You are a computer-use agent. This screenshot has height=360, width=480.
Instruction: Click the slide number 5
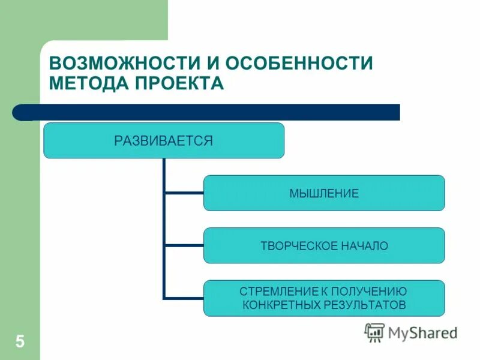click(x=20, y=342)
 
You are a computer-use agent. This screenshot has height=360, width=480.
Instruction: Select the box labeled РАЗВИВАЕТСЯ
click(x=163, y=140)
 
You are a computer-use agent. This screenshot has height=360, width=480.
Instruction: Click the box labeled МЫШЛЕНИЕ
click(x=324, y=193)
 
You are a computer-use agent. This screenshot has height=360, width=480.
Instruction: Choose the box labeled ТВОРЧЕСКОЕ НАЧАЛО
click(x=324, y=245)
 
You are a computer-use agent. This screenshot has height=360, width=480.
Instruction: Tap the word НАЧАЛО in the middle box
click(x=366, y=246)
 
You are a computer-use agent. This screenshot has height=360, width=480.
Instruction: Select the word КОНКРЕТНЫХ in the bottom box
click(x=278, y=305)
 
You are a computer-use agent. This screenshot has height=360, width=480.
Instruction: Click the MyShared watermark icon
click(x=374, y=332)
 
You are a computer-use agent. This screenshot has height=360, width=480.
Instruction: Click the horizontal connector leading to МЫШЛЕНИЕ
click(x=184, y=193)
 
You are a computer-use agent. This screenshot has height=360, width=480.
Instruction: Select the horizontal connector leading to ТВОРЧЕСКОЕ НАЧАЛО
click(x=184, y=245)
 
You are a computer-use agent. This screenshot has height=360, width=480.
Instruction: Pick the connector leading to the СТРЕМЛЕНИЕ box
click(x=184, y=298)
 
